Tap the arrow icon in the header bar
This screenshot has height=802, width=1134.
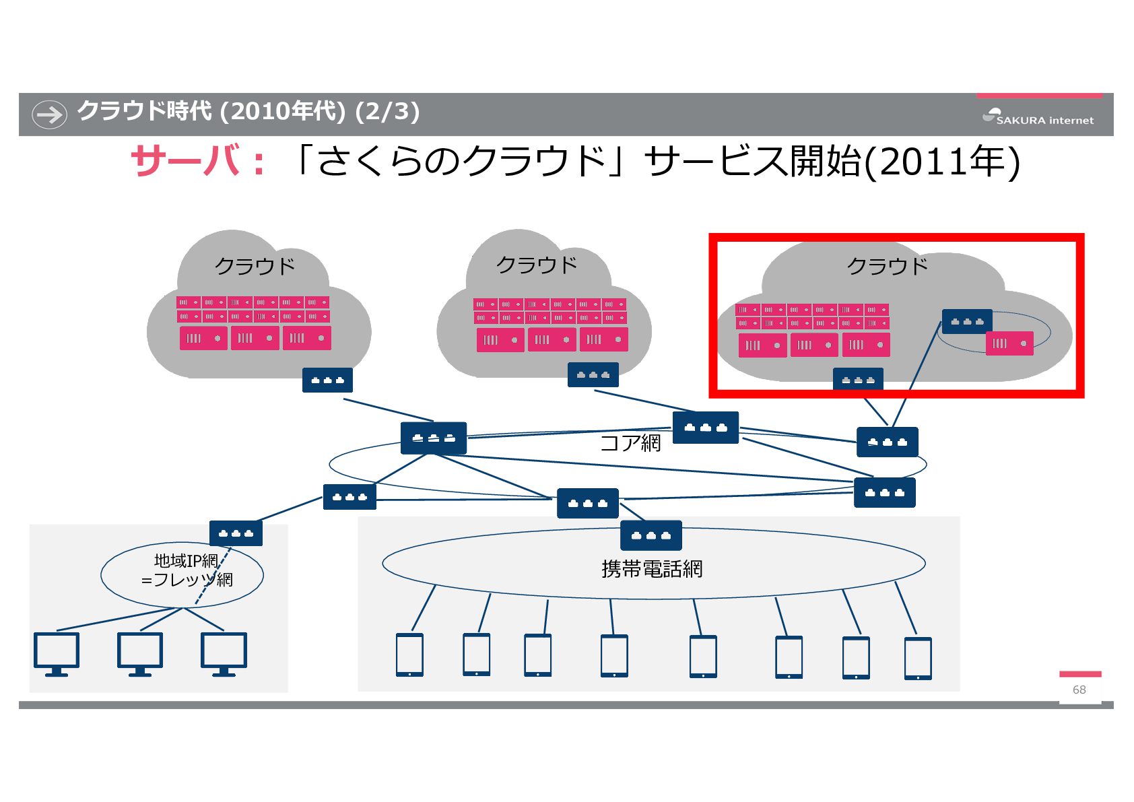49,114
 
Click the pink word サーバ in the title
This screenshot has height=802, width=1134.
185,162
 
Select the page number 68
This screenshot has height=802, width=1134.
1079,690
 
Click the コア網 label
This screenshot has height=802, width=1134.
630,442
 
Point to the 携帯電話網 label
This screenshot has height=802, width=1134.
651,569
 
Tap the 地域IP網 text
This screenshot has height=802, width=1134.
186,560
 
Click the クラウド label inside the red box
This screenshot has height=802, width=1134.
887,266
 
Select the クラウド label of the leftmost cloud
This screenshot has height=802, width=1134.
255,266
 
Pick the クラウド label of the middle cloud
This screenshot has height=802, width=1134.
537,265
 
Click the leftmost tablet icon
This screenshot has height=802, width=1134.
409,655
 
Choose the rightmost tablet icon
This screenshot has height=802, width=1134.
917,658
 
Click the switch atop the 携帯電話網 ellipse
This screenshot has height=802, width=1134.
651,535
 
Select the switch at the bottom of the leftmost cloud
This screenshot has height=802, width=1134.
327,380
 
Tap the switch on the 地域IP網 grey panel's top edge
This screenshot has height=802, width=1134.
236,533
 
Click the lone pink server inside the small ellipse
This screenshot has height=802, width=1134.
1009,343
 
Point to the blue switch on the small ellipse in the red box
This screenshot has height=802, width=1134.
967,321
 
